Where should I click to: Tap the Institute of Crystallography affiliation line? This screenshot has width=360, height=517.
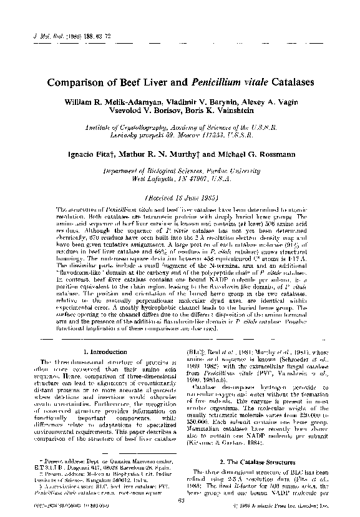[x=180, y=126]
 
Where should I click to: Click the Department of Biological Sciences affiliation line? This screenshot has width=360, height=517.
[x=180, y=169]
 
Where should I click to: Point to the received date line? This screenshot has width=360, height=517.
[x=180, y=196]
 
